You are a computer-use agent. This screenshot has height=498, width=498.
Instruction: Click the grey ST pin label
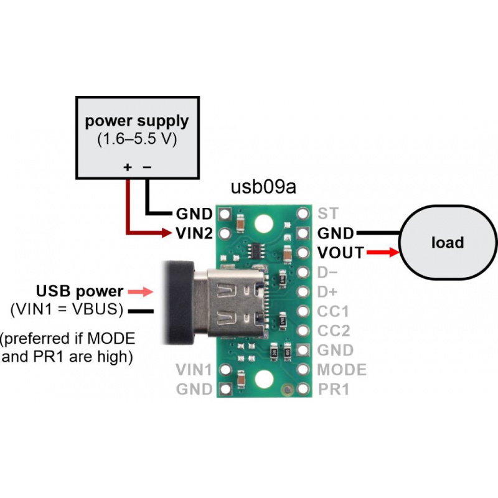[327, 214]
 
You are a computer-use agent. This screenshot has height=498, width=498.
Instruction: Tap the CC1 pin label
[333, 311]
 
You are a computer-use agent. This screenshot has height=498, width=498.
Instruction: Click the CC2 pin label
[333, 331]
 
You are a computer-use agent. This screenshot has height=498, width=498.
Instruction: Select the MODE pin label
[342, 370]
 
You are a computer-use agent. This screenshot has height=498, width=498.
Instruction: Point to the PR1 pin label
[334, 390]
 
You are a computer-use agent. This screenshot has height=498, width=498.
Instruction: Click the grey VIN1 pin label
[194, 370]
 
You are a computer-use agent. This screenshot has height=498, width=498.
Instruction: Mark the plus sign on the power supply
[128, 166]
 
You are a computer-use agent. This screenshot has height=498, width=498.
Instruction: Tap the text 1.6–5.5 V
[137, 139]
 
